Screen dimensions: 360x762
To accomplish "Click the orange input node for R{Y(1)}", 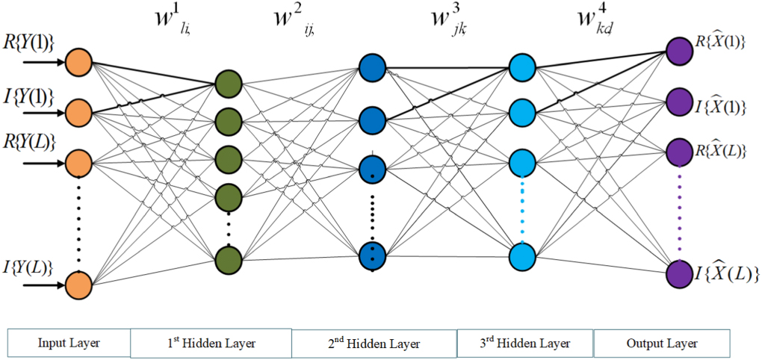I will click(x=78, y=63).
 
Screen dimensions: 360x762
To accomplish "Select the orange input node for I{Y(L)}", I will click(x=78, y=285).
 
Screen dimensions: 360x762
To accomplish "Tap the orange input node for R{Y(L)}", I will click(x=78, y=161).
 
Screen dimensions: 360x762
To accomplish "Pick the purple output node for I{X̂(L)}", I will click(x=679, y=272).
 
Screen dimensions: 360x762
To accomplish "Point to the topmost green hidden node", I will click(x=228, y=82).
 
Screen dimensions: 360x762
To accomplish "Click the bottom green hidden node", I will click(x=228, y=259).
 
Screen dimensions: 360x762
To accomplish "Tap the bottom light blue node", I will click(x=522, y=257).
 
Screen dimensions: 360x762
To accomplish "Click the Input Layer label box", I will click(x=69, y=344).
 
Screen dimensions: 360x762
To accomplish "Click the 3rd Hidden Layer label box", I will click(x=524, y=344).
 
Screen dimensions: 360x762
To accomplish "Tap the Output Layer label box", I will click(x=661, y=344).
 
